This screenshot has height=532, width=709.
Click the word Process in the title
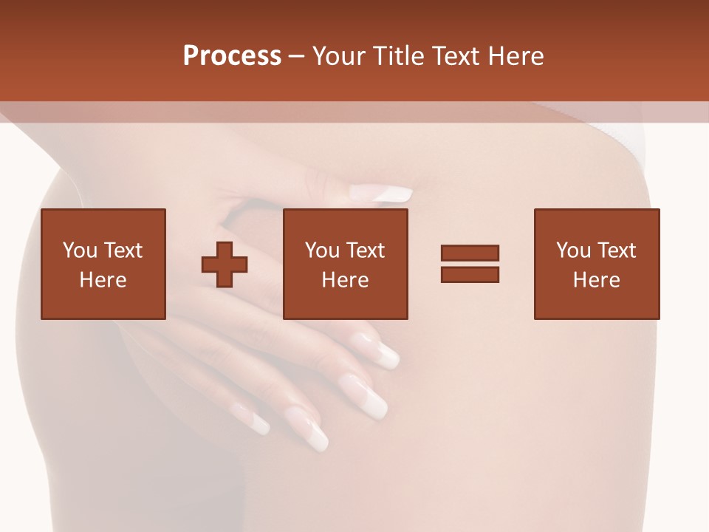(232, 56)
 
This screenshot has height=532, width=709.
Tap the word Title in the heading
(400, 56)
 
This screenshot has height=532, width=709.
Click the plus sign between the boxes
(225, 264)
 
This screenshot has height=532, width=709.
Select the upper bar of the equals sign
(470, 253)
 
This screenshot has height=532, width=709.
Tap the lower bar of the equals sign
(470, 275)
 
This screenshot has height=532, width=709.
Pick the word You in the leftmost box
(79, 250)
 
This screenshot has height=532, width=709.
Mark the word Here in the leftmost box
(103, 280)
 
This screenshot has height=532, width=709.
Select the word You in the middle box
(322, 250)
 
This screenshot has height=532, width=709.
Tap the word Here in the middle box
(346, 280)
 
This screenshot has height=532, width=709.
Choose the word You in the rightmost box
(573, 250)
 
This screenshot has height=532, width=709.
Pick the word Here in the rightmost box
(597, 280)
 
